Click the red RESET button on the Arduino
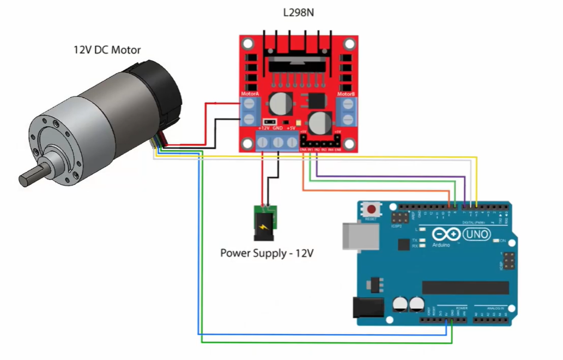tap(372, 209)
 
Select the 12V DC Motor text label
tap(107, 50)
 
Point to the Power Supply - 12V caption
tap(268, 253)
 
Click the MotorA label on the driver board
tap(249, 94)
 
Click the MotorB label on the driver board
tap(347, 94)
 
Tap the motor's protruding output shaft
tap(34, 175)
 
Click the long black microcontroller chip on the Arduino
tap(465, 288)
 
